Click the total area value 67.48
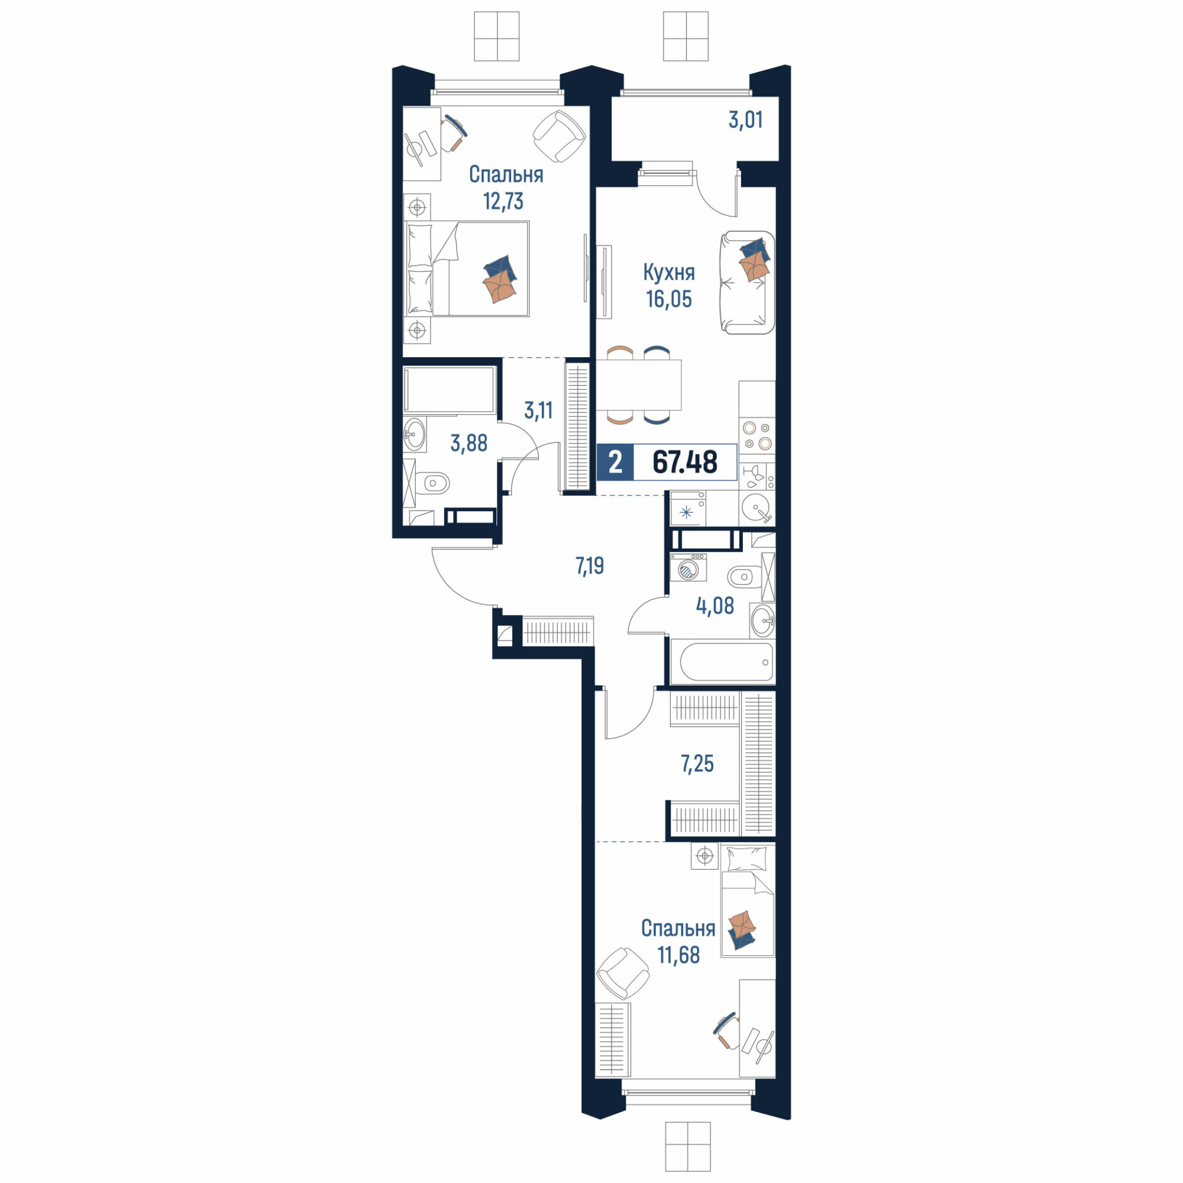coord(684,462)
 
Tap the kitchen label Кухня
coord(668,273)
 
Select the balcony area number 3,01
coord(746,119)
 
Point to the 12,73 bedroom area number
coord(503,201)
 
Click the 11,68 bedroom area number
coord(678,955)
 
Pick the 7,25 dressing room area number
coord(697,764)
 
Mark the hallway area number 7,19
coord(589,566)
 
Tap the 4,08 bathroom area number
coord(715,606)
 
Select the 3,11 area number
coord(538,410)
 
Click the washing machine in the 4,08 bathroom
coord(689,567)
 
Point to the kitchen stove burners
coord(757,435)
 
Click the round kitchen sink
coord(757,508)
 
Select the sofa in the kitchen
coord(746,282)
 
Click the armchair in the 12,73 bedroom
coord(558,136)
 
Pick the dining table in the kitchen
coord(638,384)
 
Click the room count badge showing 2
coord(615,462)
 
